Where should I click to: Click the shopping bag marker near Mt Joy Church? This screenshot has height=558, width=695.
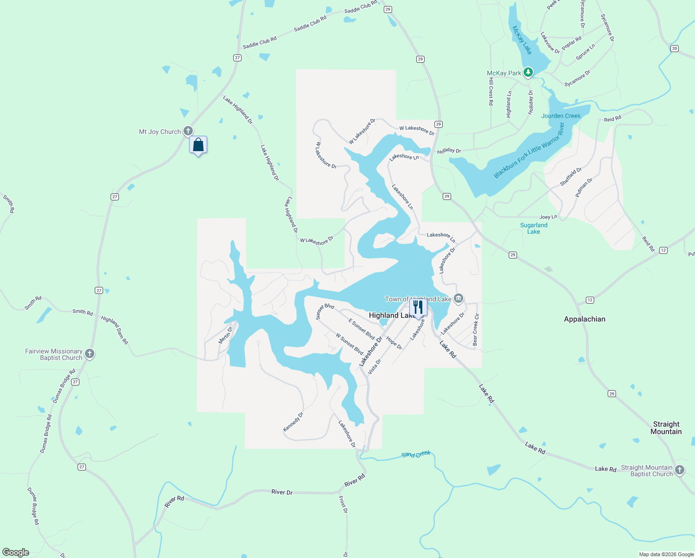[x=198, y=145]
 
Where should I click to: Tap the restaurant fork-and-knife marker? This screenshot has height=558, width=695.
[x=418, y=307]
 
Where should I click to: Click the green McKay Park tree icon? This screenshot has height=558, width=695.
[x=528, y=73]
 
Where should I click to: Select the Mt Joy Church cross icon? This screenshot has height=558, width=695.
[x=188, y=131]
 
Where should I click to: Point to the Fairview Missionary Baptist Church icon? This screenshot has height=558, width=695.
[x=90, y=354]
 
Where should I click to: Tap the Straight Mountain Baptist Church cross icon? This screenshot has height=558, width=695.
[x=679, y=470]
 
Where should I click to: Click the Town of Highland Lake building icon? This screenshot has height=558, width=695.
[x=458, y=299]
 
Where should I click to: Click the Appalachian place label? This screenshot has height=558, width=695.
[x=584, y=319]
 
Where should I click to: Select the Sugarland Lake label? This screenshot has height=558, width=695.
[x=534, y=228]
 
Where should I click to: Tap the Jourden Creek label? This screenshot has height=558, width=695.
[x=561, y=116]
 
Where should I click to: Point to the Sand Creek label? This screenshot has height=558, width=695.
[x=416, y=454]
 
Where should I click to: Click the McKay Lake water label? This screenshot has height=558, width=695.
[x=522, y=40]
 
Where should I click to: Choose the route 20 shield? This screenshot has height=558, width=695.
[x=675, y=48]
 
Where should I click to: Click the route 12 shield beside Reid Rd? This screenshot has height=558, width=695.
[x=663, y=250]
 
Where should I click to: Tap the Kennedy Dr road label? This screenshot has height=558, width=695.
[x=293, y=422]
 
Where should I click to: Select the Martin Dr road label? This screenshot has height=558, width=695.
[x=226, y=335]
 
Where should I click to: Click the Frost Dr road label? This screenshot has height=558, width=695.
[x=343, y=504]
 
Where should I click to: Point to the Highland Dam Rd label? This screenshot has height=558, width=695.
[x=115, y=330]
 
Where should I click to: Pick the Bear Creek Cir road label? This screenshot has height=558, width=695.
[x=475, y=330]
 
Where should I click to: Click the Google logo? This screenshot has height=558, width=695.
[x=16, y=552]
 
